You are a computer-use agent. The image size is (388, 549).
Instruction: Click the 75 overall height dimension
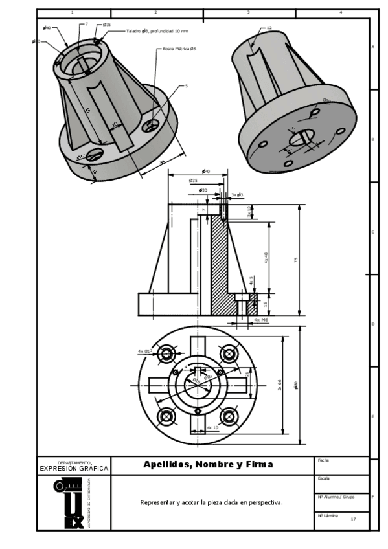[295, 260]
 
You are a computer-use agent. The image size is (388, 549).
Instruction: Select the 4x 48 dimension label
[266, 257]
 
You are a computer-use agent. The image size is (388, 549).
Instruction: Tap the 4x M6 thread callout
[261, 320]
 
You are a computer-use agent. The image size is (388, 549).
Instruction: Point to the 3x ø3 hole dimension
[237, 194]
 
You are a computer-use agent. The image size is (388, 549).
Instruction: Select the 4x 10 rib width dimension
[213, 427]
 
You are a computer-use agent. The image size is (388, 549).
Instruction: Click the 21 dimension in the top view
[247, 373]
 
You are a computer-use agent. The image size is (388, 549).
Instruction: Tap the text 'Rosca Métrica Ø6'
[179, 49]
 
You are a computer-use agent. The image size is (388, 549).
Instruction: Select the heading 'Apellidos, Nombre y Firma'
[208, 464]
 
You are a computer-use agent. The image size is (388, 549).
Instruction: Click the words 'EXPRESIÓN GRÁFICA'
[74, 468]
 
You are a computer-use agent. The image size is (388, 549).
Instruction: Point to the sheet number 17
[353, 519]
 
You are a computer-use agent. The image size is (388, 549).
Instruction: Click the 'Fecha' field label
[324, 460]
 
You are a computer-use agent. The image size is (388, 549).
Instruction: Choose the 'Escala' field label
[325, 478]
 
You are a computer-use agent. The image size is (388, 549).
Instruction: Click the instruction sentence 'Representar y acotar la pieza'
[211, 502]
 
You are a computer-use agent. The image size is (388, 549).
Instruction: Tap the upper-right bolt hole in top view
[229, 353]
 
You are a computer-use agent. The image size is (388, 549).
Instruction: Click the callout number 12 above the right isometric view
[269, 28]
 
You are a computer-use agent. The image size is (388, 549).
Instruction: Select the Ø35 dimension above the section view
[193, 180]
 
